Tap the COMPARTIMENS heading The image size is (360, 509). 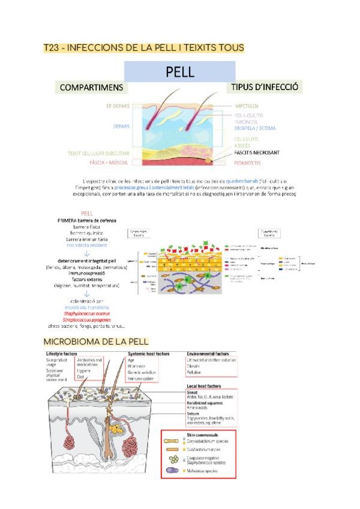[x=91, y=88]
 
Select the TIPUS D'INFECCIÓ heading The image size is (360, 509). [x=265, y=87]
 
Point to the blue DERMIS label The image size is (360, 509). [x=121, y=127]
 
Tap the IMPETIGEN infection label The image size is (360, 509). [x=247, y=106]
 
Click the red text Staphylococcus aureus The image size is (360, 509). [x=87, y=313]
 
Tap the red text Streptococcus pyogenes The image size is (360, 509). [x=87, y=320]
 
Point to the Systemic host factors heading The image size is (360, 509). [x=148, y=354]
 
